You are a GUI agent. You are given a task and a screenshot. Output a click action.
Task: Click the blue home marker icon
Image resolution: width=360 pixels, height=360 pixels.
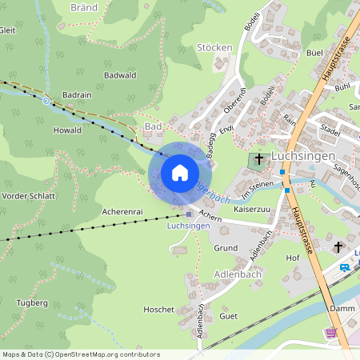tap(180, 173)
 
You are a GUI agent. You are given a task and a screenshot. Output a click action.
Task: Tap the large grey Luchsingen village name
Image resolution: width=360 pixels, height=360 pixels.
tap(303, 155)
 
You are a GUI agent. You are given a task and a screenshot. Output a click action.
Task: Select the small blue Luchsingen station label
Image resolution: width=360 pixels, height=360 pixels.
tap(188, 226)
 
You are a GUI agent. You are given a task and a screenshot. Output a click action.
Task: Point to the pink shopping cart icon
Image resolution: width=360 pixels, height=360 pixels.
tap(331, 333)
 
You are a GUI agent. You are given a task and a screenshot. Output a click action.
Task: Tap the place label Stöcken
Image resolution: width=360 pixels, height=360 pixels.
tap(214, 47)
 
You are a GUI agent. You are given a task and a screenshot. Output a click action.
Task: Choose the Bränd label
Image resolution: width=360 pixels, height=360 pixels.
tap(83, 6)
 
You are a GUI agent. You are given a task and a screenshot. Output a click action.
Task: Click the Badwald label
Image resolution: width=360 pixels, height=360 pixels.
tap(120, 75)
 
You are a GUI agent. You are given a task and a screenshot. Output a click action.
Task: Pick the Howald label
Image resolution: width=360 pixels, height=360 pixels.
tap(67, 130)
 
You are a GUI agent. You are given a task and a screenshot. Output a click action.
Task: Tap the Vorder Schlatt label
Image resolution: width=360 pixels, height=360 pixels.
tap(29, 196)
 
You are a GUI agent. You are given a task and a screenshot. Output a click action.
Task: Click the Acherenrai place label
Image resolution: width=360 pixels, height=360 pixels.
tap(122, 212)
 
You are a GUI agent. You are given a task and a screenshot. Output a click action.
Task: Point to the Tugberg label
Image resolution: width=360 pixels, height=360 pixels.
tap(32, 303)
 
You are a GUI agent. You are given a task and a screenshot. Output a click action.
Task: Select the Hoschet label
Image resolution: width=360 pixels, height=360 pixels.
tap(158, 309)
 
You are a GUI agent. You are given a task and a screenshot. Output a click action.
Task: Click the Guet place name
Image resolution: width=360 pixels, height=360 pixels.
tap(228, 316)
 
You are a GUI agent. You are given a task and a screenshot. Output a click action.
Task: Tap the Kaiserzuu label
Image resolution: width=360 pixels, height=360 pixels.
tap(250, 209)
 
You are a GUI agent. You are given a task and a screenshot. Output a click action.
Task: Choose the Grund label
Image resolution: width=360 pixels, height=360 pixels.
tap(225, 249)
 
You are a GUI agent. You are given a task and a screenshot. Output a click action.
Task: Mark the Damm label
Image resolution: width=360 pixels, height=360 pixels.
tap(341, 308)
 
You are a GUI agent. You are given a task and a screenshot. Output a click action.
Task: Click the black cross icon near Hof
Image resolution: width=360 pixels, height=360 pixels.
tap(338, 246)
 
